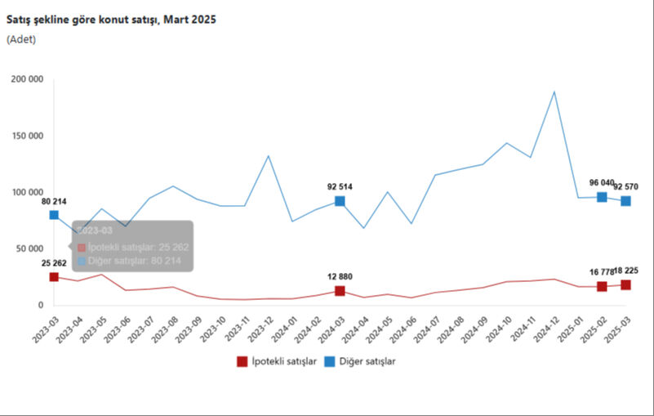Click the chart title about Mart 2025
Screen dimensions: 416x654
point(111,19)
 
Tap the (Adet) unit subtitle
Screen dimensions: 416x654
point(21,38)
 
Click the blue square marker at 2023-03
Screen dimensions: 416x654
point(54,215)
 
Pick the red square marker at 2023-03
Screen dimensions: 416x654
point(54,277)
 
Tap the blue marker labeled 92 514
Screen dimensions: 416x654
point(340,201)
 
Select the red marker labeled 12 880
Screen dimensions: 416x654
point(340,291)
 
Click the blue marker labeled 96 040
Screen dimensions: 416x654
point(602,197)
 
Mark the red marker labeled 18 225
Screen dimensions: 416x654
point(625,284)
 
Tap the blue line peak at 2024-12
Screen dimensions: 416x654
point(554,92)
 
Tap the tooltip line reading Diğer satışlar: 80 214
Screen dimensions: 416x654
point(136,261)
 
